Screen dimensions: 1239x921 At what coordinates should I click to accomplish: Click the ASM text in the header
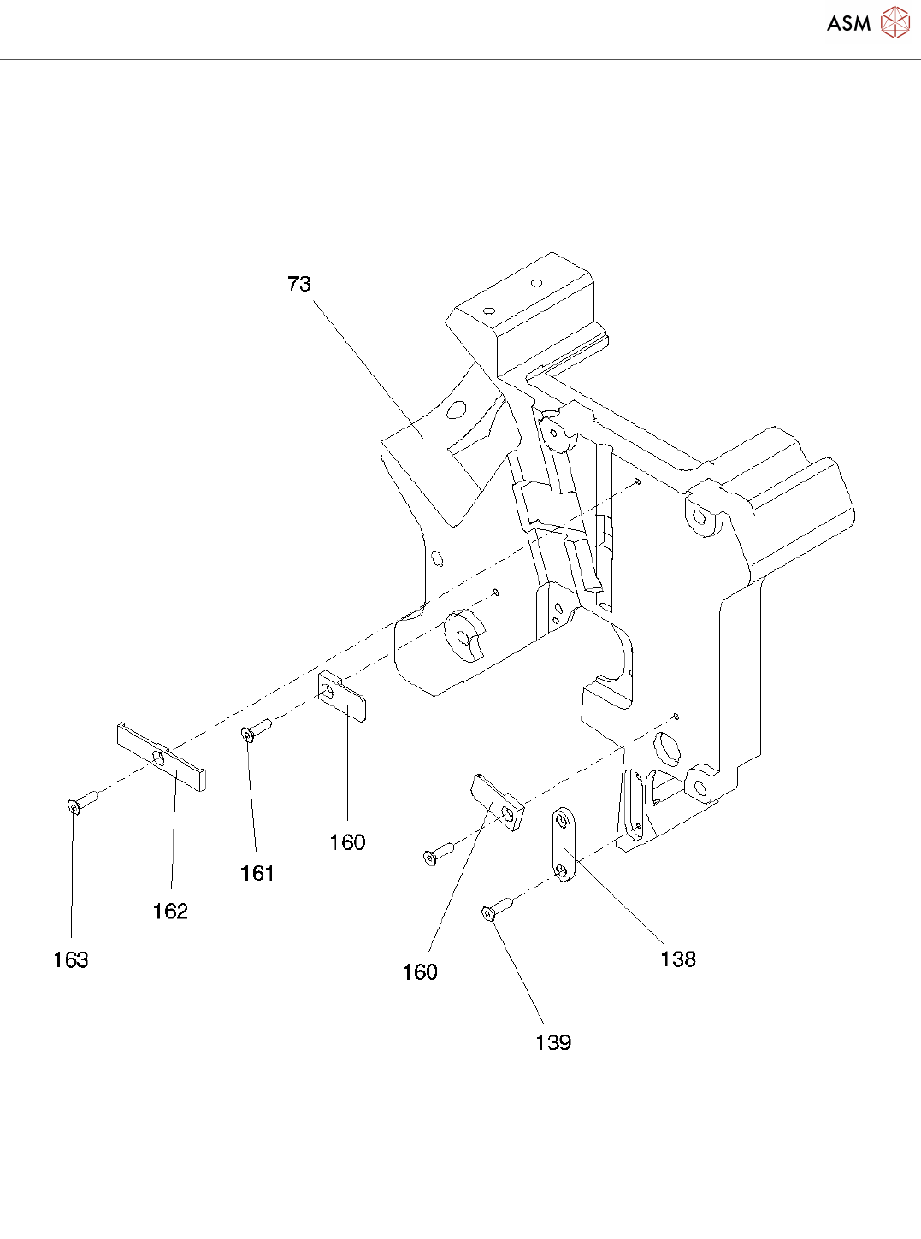(x=848, y=23)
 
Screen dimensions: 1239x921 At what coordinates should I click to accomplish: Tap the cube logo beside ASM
(x=895, y=23)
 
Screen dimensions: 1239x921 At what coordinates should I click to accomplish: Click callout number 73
(x=299, y=284)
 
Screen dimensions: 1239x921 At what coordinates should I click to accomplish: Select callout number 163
(x=70, y=959)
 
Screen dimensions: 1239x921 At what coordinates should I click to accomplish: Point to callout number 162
(x=170, y=912)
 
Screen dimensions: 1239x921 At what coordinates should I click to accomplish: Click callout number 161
(x=257, y=873)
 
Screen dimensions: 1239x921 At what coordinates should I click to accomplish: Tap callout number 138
(x=678, y=959)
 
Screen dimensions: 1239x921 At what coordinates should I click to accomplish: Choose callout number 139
(x=553, y=1042)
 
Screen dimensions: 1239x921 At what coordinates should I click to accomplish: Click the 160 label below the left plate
(x=347, y=842)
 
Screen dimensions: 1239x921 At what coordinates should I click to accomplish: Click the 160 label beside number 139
(x=420, y=972)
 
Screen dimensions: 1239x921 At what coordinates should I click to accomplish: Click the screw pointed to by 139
(x=495, y=910)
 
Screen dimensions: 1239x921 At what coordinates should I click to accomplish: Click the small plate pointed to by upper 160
(x=344, y=696)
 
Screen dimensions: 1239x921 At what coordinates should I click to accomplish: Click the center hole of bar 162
(x=158, y=757)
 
